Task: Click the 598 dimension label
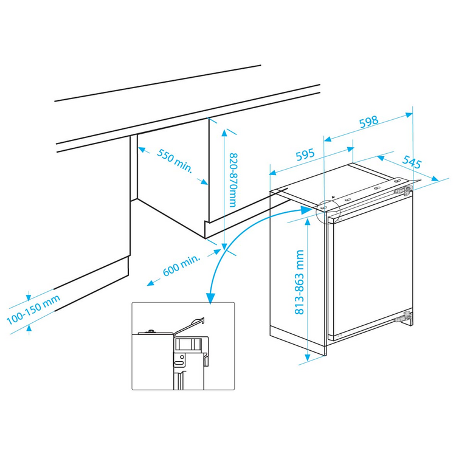click(x=369, y=122)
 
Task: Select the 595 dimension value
click(x=305, y=154)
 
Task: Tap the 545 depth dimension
click(x=412, y=162)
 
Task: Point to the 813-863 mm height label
click(x=299, y=282)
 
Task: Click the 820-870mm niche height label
click(x=233, y=180)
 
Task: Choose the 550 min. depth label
click(x=174, y=161)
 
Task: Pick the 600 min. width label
click(x=182, y=265)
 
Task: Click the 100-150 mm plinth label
click(x=33, y=309)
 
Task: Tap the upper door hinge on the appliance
click(x=403, y=190)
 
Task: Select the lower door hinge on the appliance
click(x=404, y=317)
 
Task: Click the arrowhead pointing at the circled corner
click(x=307, y=210)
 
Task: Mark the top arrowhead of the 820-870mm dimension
click(x=224, y=133)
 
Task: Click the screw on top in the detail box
click(x=151, y=331)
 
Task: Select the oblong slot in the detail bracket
click(x=178, y=363)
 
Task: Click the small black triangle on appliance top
click(x=333, y=197)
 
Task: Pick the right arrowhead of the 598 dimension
click(x=409, y=115)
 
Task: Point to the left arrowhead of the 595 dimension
click(x=274, y=173)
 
